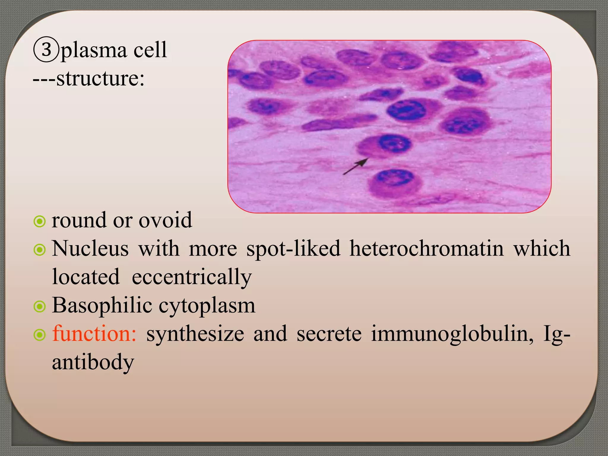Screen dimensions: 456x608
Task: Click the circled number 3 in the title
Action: [x=46, y=50]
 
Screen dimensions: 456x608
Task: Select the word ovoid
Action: [x=165, y=220]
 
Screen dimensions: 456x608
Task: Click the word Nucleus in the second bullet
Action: [x=90, y=249]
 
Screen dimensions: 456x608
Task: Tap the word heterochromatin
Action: [x=427, y=249]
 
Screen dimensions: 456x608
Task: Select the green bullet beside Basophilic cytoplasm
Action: [x=39, y=307]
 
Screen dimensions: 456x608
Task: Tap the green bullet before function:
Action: [x=39, y=335]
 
